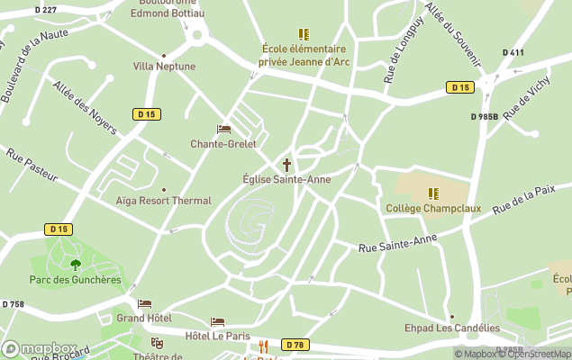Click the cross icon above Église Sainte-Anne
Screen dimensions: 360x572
287,165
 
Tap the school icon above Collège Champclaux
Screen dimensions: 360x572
433,193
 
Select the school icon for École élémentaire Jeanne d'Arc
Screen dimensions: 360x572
304,34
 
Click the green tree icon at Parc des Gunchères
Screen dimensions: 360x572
75,265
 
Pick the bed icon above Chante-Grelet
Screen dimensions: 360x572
223,130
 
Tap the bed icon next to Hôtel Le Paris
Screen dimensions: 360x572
217,321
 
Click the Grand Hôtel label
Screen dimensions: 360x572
143,318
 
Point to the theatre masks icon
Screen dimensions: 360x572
157,343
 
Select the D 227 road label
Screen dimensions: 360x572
45,9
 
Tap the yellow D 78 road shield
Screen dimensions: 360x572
294,345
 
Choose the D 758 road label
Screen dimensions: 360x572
14,304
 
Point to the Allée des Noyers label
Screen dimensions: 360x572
85,107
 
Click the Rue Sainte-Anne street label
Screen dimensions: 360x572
397,243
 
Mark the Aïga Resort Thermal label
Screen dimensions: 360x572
163,201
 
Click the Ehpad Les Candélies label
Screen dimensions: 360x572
451,328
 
